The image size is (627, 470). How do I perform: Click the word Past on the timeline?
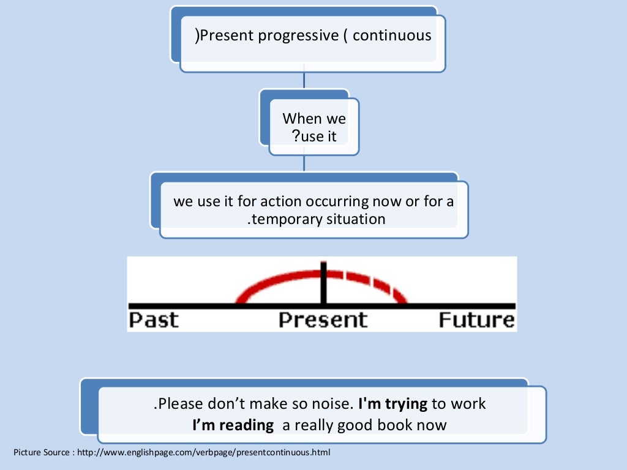click(x=154, y=320)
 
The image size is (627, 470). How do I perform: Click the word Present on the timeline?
click(x=323, y=320)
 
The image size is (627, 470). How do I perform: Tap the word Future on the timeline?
click(x=476, y=320)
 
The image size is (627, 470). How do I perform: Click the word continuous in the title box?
click(x=392, y=35)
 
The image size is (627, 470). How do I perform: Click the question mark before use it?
click(x=296, y=136)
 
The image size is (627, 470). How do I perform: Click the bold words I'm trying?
click(x=392, y=404)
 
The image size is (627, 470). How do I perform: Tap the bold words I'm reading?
click(x=233, y=425)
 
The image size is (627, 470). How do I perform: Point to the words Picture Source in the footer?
click(x=37, y=453)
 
